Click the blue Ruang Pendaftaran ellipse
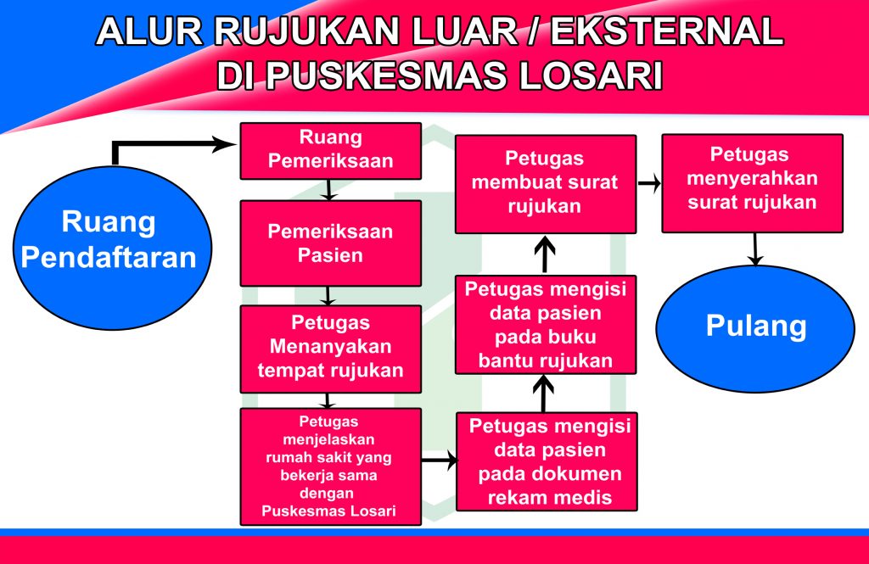(x=112, y=248)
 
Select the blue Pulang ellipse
(x=755, y=328)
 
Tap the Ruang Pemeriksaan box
(x=330, y=151)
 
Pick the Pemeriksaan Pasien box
(x=330, y=243)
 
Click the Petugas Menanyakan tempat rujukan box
(x=330, y=349)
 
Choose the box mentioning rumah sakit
(x=330, y=466)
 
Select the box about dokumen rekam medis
(x=547, y=461)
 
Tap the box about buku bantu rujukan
(x=546, y=325)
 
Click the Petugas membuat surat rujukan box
(x=546, y=184)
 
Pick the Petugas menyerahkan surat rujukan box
(x=752, y=183)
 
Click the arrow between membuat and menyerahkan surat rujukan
(x=649, y=183)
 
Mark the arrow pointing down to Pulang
(x=754, y=249)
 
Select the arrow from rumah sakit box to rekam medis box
(x=439, y=460)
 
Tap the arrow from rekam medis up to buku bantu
(x=543, y=394)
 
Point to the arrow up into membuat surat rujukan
(x=545, y=254)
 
